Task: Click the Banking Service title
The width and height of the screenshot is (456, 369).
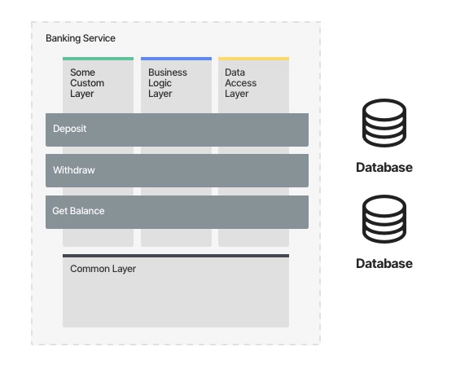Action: tap(81, 38)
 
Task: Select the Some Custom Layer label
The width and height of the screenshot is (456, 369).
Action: tap(87, 83)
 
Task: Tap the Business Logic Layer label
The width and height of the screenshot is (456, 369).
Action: tap(168, 83)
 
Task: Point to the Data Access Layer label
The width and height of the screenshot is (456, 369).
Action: tap(240, 83)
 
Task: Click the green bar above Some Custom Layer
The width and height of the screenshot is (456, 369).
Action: tap(98, 59)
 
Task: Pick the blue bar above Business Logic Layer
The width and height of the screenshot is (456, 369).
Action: tap(176, 59)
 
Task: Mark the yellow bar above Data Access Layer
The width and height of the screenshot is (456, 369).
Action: tap(253, 59)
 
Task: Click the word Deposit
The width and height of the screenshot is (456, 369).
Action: tap(69, 129)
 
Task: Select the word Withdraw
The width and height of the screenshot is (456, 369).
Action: tap(74, 170)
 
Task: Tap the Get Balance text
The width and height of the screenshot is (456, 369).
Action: tap(78, 211)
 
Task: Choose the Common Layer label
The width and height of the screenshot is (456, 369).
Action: tap(103, 269)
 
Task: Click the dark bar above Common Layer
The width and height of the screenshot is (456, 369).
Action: tap(176, 256)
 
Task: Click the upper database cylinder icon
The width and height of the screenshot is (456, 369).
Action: tap(384, 123)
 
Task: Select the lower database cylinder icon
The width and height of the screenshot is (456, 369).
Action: tap(384, 219)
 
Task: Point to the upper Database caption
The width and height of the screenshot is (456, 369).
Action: tap(384, 167)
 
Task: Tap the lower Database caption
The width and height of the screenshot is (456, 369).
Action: tap(384, 263)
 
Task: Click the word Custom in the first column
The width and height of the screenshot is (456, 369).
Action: tap(87, 83)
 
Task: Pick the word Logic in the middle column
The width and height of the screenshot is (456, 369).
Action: tap(160, 84)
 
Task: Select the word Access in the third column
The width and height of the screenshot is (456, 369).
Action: tap(240, 83)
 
